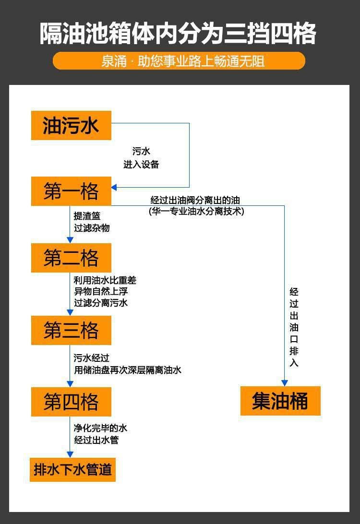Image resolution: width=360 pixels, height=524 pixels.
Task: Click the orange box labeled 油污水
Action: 71,125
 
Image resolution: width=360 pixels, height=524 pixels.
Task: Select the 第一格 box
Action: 71,191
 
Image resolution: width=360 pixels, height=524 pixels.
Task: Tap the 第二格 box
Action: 71,258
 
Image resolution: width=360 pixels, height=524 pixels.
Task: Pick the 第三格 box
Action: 71,330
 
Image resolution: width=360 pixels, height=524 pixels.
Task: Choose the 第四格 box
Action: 71,402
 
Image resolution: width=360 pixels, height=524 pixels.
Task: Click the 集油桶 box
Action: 280,401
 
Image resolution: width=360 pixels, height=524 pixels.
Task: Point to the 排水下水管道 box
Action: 73,469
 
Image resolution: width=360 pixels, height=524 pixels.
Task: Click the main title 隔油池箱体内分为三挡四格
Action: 179,34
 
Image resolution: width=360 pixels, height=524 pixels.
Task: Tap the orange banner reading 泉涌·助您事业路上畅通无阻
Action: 179,61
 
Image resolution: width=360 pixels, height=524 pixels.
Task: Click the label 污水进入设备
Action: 141,158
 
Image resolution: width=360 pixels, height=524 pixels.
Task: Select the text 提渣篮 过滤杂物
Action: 91,222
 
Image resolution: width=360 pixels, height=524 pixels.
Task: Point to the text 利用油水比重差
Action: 105,280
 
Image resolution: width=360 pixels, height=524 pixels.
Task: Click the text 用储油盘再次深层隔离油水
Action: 127,370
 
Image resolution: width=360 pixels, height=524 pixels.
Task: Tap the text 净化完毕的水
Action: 100,428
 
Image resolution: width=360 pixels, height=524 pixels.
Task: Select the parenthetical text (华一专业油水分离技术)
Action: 196,211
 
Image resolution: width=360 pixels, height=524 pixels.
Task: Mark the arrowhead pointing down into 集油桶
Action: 284,383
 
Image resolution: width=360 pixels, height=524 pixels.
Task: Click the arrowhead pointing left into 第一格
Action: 114,187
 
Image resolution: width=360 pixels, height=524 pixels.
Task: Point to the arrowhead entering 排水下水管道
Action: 70,454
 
